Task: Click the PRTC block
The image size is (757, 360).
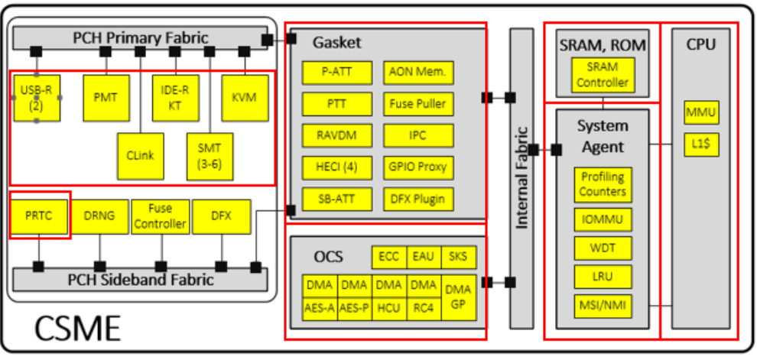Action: [x=38, y=216]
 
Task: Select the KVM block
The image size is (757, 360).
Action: [x=244, y=97]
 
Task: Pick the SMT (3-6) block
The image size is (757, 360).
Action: [x=210, y=155]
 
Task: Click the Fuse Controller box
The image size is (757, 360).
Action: [x=160, y=216]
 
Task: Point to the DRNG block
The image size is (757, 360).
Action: [x=99, y=216]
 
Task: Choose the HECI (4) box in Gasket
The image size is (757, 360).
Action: [x=336, y=167]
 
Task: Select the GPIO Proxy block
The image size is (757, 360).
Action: [x=417, y=167]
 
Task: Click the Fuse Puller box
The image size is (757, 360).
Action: [x=417, y=104]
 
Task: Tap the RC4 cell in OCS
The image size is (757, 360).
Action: [x=423, y=308]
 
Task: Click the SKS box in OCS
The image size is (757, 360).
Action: [x=458, y=258]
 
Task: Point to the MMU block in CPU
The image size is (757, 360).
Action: [x=701, y=113]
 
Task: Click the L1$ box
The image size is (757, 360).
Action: [x=701, y=144]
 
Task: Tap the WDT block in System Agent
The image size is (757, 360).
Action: [x=603, y=248]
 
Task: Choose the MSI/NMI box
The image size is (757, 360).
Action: [x=603, y=306]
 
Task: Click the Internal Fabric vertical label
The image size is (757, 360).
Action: [x=521, y=179]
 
